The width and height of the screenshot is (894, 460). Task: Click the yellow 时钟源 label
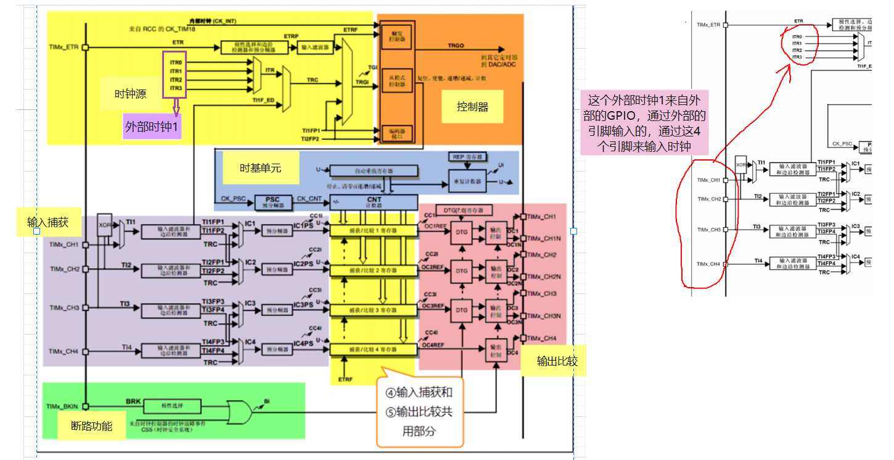coord(131,94)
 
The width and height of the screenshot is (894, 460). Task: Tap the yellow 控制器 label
coord(472,106)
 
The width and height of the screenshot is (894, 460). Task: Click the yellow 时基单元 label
coord(261,168)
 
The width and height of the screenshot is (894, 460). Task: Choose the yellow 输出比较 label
coord(553,361)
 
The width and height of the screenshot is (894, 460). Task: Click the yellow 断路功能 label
coord(92,425)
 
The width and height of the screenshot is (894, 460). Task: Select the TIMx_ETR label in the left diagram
coord(64,47)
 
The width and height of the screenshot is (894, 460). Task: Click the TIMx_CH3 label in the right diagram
coord(708,230)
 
